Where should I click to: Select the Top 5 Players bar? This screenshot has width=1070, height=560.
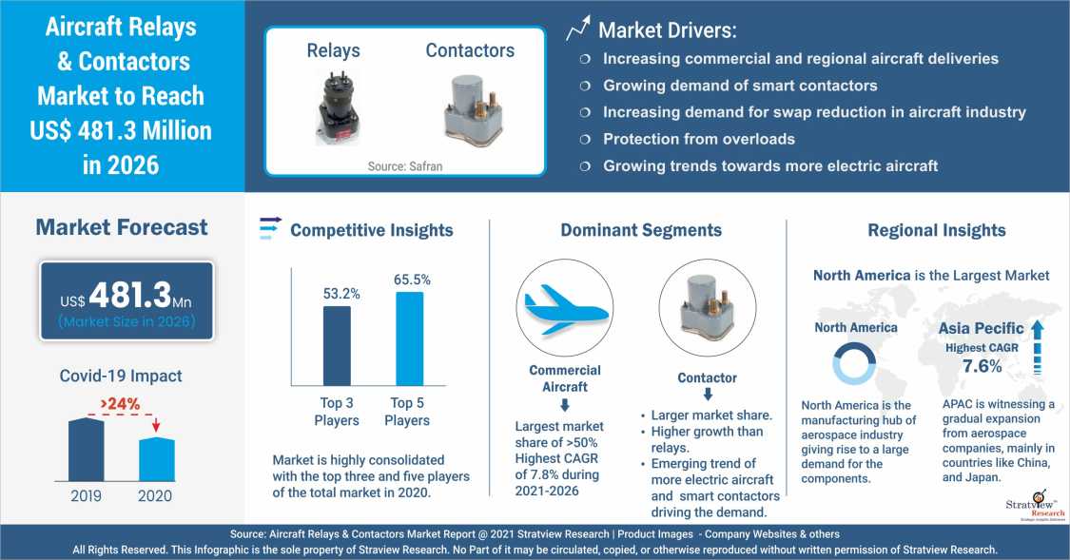(x=409, y=338)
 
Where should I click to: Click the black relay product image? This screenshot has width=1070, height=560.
(x=338, y=106)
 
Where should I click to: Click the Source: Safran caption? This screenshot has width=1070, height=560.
(x=405, y=166)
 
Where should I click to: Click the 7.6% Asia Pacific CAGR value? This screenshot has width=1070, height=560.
(x=982, y=366)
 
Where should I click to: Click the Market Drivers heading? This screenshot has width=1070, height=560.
(x=666, y=30)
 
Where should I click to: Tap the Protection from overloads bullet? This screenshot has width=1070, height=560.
(x=698, y=139)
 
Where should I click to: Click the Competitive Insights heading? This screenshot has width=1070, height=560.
(x=371, y=230)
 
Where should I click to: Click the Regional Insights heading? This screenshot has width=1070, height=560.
(x=936, y=230)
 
